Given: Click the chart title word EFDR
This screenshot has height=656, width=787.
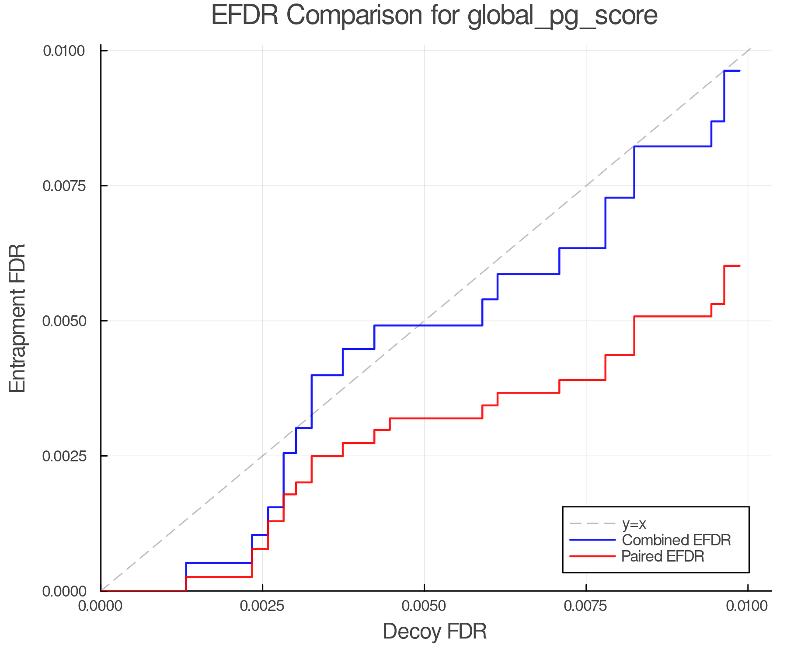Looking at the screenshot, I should coord(245,16).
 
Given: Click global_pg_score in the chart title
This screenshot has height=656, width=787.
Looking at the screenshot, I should coord(562,17).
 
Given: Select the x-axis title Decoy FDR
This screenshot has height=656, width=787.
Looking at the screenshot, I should coord(435,632).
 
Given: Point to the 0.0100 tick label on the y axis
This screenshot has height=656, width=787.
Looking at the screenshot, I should coord(64,51).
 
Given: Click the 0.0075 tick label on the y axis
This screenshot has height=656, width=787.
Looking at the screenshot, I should coord(64,186).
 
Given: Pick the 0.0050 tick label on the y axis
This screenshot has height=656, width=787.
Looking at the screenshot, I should coord(64,321).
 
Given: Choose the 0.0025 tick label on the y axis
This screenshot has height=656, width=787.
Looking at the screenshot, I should coord(64,456).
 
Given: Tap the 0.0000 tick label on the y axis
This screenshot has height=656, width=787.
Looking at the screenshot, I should coord(64,591).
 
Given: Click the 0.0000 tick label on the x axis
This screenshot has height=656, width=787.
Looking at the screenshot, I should coord(101,606).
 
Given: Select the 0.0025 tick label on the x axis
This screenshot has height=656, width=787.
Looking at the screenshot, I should coord(262,606).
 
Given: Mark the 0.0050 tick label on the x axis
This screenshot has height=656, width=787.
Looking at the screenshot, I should coord(424,606).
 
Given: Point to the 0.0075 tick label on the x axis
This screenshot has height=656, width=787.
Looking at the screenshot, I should coord(586,606).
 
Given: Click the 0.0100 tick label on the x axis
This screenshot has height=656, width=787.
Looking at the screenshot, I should coord(747,606).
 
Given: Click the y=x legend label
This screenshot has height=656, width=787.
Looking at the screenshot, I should coord(634,523).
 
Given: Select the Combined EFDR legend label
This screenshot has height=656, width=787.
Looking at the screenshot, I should coord(676,540).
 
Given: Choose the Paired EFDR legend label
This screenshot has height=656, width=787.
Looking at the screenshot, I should coord(663,556).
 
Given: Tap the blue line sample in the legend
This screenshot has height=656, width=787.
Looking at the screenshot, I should coord(592,540).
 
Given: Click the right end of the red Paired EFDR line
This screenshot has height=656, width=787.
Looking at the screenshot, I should coord(739,266).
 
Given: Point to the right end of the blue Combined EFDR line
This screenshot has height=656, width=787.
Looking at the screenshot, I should coord(739,71).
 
